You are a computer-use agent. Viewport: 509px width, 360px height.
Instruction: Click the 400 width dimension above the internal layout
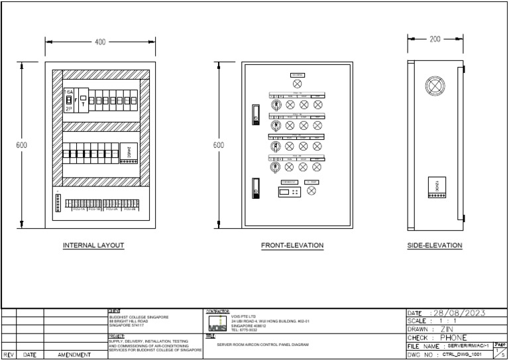point(100,42)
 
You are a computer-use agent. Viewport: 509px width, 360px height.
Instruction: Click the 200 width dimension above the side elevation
point(435,39)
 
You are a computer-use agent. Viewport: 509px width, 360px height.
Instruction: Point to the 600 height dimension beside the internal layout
point(23,145)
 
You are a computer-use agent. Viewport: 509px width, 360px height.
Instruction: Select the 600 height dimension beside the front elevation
point(219,145)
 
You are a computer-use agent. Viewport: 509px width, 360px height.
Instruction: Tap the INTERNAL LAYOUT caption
point(93,245)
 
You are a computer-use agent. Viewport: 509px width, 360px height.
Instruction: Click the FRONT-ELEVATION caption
point(292,245)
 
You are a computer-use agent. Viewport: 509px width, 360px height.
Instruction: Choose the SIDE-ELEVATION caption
point(435,245)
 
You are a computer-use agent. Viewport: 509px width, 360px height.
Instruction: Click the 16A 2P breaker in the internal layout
point(68,100)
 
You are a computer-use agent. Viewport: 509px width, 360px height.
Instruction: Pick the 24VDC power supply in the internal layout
point(129,154)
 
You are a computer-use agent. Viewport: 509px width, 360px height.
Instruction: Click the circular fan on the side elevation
point(435,86)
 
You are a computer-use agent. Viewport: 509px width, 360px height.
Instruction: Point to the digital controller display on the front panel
point(288,191)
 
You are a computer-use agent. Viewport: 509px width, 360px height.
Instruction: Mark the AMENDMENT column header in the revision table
point(74,355)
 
